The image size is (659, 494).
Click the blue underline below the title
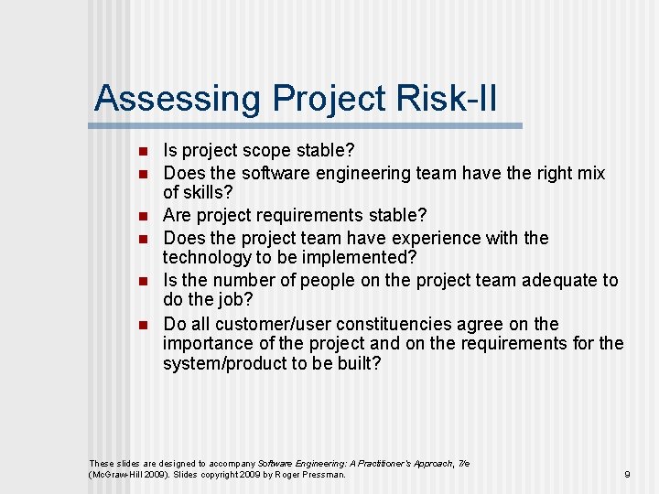[308, 125]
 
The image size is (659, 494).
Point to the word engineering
[365, 173]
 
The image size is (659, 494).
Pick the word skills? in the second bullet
[210, 193]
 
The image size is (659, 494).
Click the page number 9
[627, 475]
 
